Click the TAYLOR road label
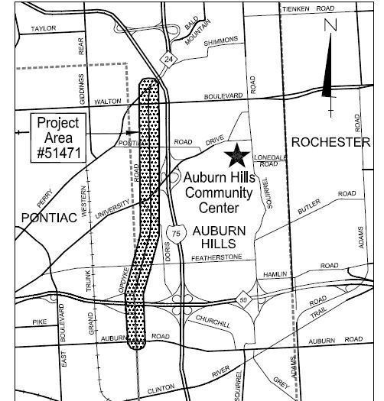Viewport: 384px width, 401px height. pyautogui.click(x=44, y=29)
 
